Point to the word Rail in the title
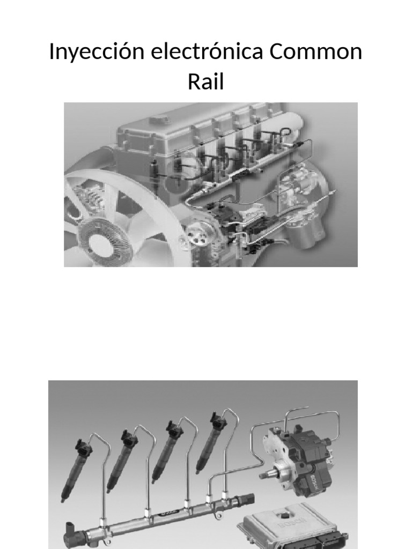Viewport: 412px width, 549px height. click(x=205, y=83)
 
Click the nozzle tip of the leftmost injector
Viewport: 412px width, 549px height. click(x=63, y=498)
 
